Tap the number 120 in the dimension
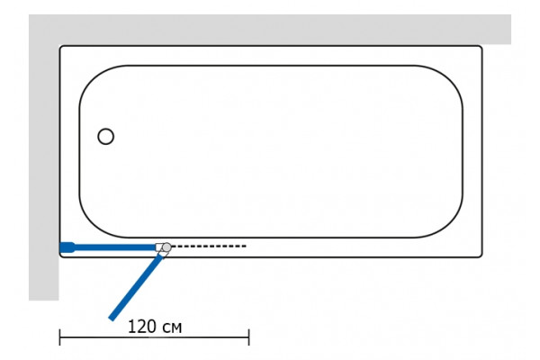pos(142,326)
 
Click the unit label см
pos(172,328)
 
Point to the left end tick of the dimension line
pos(60,337)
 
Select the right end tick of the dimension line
pos(248,337)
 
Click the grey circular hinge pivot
pos(166,247)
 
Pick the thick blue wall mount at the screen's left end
pos(67,247)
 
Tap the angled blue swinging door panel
pos(135,288)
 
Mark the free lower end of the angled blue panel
pos(112,319)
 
